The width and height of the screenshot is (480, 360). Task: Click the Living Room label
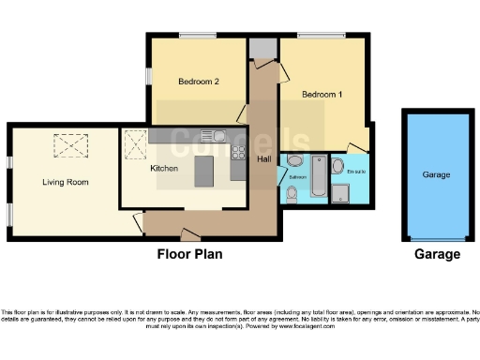[65, 182]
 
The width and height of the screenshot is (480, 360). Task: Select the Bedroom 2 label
[198, 82]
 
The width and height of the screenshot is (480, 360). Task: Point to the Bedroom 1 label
[322, 95]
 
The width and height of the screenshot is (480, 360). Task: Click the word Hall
[264, 160]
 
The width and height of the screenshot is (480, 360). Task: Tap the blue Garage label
[435, 175]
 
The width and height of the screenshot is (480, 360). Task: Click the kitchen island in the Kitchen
[204, 172]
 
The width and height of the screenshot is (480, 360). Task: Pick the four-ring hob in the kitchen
[239, 152]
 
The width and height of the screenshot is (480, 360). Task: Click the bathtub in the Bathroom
[318, 174]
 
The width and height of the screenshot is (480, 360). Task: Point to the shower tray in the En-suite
[340, 193]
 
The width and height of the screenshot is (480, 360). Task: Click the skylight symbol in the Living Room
[68, 145]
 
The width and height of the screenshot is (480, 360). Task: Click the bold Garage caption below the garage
[437, 254]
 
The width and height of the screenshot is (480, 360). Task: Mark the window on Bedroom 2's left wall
[147, 75]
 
